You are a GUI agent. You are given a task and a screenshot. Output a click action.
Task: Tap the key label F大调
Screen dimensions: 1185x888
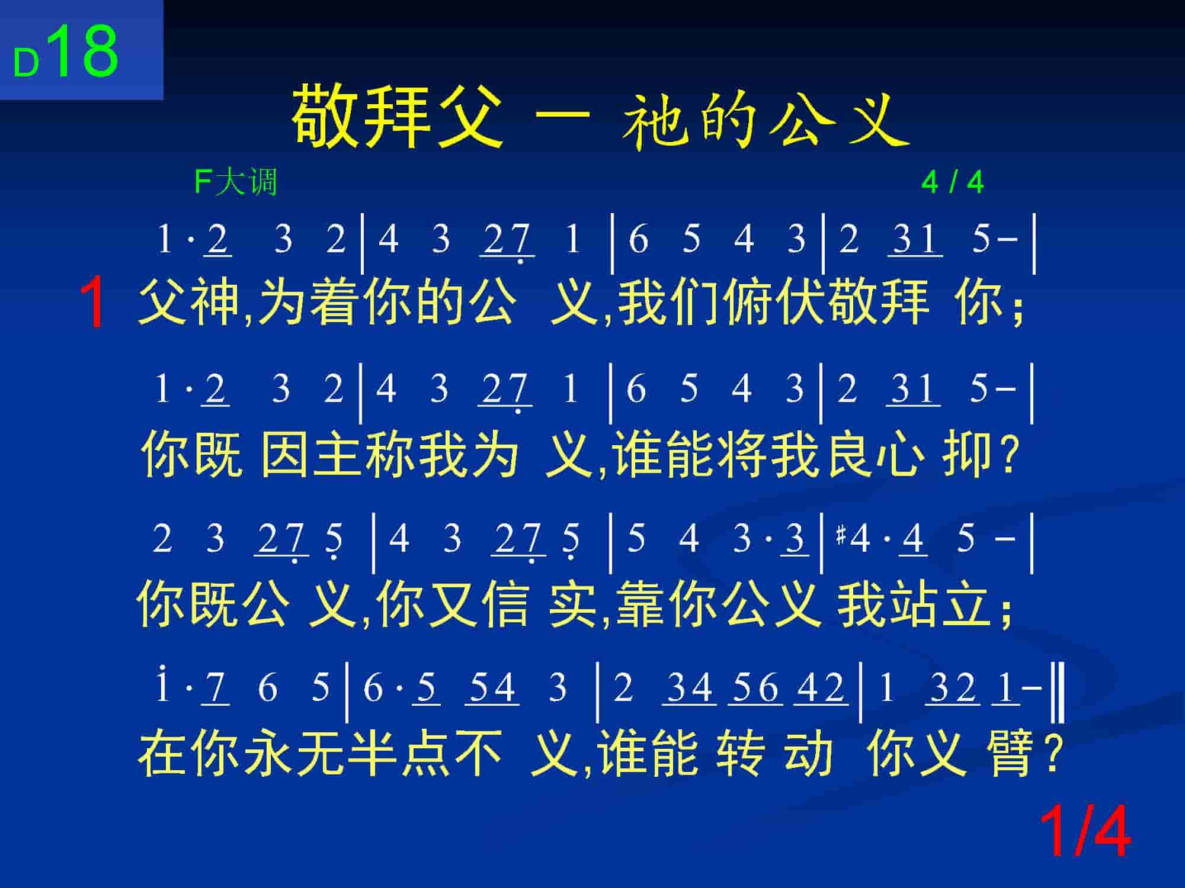click(236, 181)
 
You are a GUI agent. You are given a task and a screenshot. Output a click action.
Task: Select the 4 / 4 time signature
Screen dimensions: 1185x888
click(952, 182)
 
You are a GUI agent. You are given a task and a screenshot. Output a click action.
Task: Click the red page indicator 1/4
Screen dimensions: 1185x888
click(1085, 831)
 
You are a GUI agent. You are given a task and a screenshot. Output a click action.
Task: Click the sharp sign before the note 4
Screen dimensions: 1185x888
click(840, 535)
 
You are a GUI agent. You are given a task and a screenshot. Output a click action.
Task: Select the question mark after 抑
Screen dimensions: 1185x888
click(1008, 456)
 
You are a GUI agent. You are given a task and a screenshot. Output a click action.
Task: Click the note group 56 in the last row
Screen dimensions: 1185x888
click(755, 688)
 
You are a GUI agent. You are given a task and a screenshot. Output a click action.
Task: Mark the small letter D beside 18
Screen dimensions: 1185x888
click(26, 63)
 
